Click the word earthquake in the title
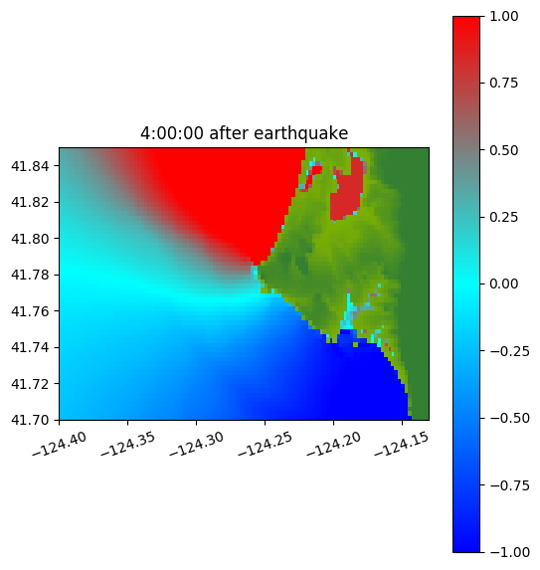(x=301, y=133)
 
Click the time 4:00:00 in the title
(x=172, y=133)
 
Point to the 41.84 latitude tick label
(x=30, y=166)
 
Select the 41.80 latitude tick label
(x=30, y=239)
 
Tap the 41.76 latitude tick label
(x=30, y=311)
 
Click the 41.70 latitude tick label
(x=30, y=420)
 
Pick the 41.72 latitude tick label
(x=30, y=384)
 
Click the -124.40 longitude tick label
(x=60, y=444)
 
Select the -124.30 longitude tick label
(x=197, y=444)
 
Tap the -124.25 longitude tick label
(x=266, y=444)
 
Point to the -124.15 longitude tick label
(x=402, y=444)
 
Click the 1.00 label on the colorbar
(x=503, y=16)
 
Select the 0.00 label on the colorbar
(x=503, y=284)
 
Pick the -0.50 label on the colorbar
(x=509, y=418)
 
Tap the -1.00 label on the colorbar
(x=509, y=552)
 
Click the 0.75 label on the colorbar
(x=503, y=84)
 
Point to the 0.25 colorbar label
(x=503, y=217)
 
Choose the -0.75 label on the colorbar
(x=509, y=485)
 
